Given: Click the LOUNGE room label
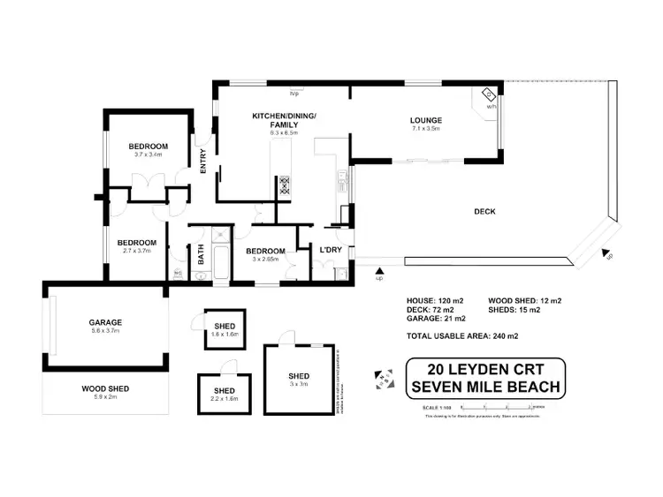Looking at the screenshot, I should (425, 120).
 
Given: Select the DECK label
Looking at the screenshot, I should (484, 212).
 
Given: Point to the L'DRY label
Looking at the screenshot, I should (331, 251).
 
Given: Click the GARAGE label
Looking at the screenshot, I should (104, 322).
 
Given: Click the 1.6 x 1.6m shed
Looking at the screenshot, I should (223, 328).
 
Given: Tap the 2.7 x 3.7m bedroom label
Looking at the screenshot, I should (137, 251).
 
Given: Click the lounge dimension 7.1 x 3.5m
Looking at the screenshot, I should (425, 130).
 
